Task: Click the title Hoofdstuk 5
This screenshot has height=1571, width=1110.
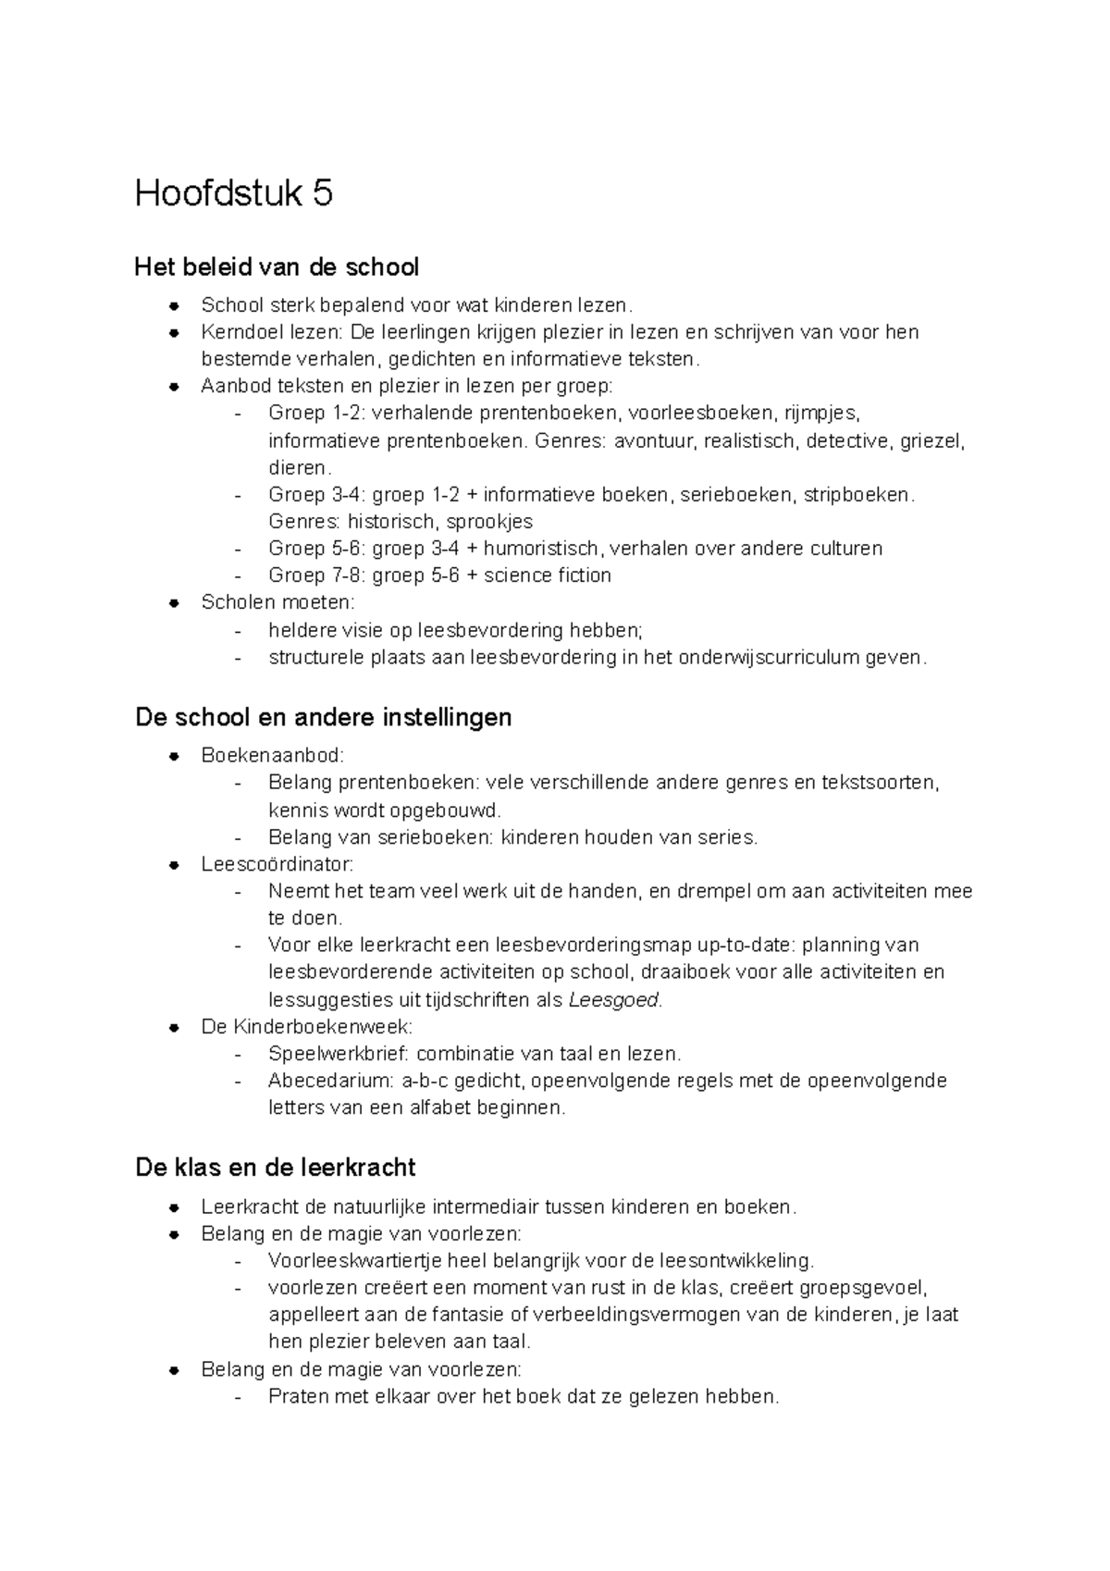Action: (233, 194)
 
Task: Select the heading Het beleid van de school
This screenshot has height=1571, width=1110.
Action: (277, 267)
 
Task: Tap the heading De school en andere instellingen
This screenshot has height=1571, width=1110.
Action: (323, 717)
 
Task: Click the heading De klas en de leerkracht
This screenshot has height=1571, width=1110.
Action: (275, 1168)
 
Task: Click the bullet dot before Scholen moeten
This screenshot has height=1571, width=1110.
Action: (174, 603)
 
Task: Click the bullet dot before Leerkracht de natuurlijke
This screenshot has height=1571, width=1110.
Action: (174, 1207)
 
